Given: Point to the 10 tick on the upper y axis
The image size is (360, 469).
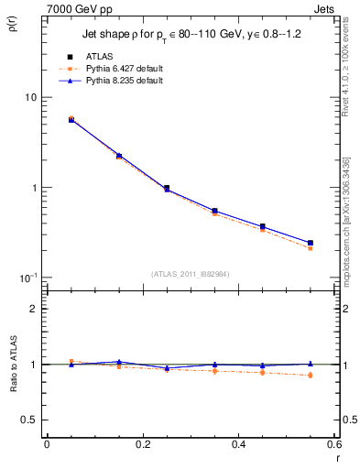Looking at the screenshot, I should pyautogui.click(x=28, y=97).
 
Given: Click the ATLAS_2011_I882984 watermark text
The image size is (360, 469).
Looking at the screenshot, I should pyautogui.click(x=191, y=273).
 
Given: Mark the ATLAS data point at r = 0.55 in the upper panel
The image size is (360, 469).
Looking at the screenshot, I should pyautogui.click(x=310, y=243).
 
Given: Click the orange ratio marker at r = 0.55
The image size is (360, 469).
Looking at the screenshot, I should pyautogui.click(x=310, y=376).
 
